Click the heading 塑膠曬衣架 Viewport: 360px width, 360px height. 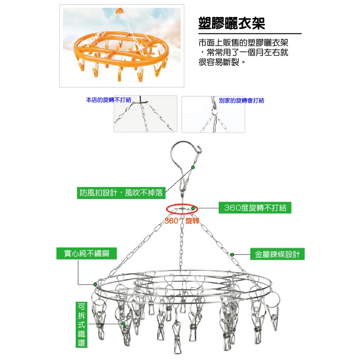[232, 23]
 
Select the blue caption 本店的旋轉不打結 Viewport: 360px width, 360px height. [108, 100]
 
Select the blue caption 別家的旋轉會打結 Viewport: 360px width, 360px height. [241, 101]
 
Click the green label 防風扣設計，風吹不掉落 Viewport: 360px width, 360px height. [121, 193]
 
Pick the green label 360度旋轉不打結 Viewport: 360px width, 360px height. [255, 208]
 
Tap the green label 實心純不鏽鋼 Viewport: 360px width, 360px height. [86, 253]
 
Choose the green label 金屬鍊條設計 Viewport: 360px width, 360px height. [277, 254]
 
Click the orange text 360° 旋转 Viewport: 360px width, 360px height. [182, 221]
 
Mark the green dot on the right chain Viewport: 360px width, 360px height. [232, 254]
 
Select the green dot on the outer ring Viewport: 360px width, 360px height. [95, 284]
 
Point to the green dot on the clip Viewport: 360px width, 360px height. [123, 323]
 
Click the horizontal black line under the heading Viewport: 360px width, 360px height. [250, 34]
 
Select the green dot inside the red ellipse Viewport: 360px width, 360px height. [193, 208]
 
